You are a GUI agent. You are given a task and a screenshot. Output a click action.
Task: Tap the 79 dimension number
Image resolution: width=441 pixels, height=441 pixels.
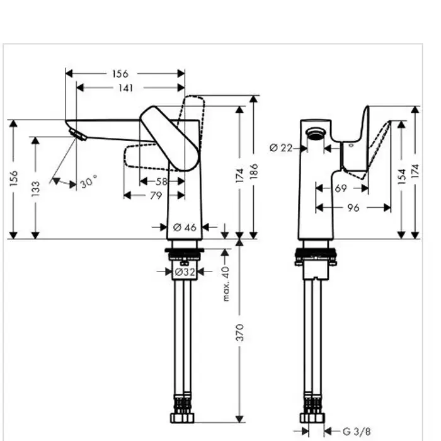pyautogui.click(x=154, y=195)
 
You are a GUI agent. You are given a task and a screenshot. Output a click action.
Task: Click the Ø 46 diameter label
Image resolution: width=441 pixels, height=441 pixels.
pyautogui.click(x=185, y=227)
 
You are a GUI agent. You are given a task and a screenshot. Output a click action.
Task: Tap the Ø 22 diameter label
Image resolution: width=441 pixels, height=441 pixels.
pyautogui.click(x=281, y=148)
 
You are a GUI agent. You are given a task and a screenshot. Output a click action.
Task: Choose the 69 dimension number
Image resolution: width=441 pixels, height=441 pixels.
pyautogui.click(x=341, y=188)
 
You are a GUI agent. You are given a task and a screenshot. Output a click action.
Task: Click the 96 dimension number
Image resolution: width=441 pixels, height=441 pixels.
pyautogui.click(x=353, y=207)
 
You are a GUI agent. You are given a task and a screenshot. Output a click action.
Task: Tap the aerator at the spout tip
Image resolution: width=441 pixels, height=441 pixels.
pyautogui.click(x=78, y=134)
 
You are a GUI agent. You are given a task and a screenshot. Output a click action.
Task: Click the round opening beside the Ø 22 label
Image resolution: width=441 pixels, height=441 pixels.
pyautogui.click(x=316, y=134)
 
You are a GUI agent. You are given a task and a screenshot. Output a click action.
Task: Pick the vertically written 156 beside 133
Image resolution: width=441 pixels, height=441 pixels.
pyautogui.click(x=13, y=178)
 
